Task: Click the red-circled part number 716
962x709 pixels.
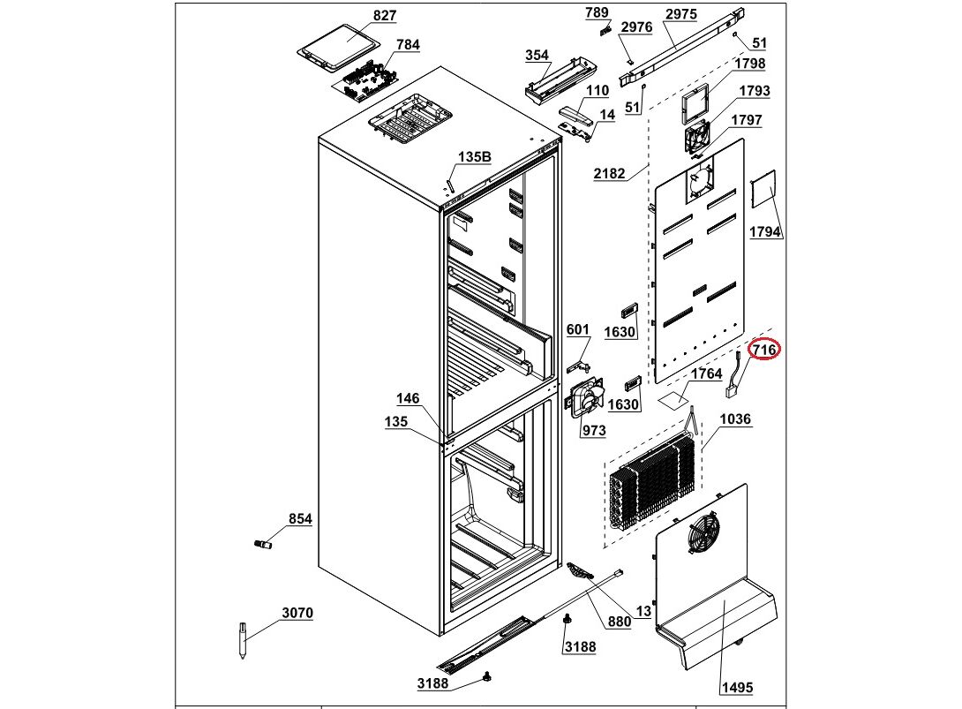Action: coord(764,351)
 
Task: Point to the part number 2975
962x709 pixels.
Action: coord(680,14)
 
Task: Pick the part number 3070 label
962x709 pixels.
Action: coord(297,613)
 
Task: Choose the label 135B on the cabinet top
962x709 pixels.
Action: coord(474,157)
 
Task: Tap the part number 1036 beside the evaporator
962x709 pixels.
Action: coord(735,419)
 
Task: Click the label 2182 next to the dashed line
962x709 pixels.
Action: coord(609,174)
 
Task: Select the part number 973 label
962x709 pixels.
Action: coord(593,431)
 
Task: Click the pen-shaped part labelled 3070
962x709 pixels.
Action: coord(242,639)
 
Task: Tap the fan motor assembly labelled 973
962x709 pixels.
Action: coord(585,396)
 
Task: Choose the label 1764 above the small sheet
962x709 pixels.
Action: coord(706,374)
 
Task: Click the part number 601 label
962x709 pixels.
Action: coord(578,330)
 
